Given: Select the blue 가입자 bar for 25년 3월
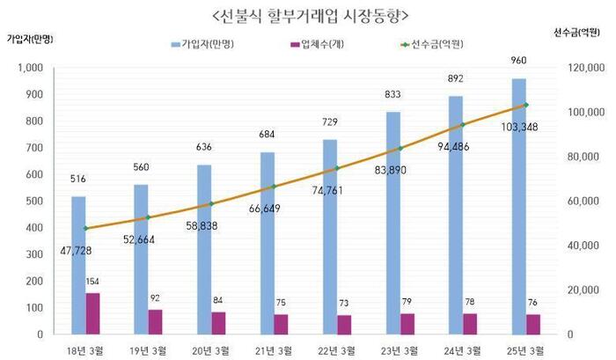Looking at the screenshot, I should [x=518, y=206].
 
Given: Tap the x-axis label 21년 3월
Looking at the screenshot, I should [x=275, y=350].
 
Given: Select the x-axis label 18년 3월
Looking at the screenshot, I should [x=86, y=350].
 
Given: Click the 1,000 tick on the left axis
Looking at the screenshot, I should [x=31, y=68].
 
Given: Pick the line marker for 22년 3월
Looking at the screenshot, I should [x=336, y=168].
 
